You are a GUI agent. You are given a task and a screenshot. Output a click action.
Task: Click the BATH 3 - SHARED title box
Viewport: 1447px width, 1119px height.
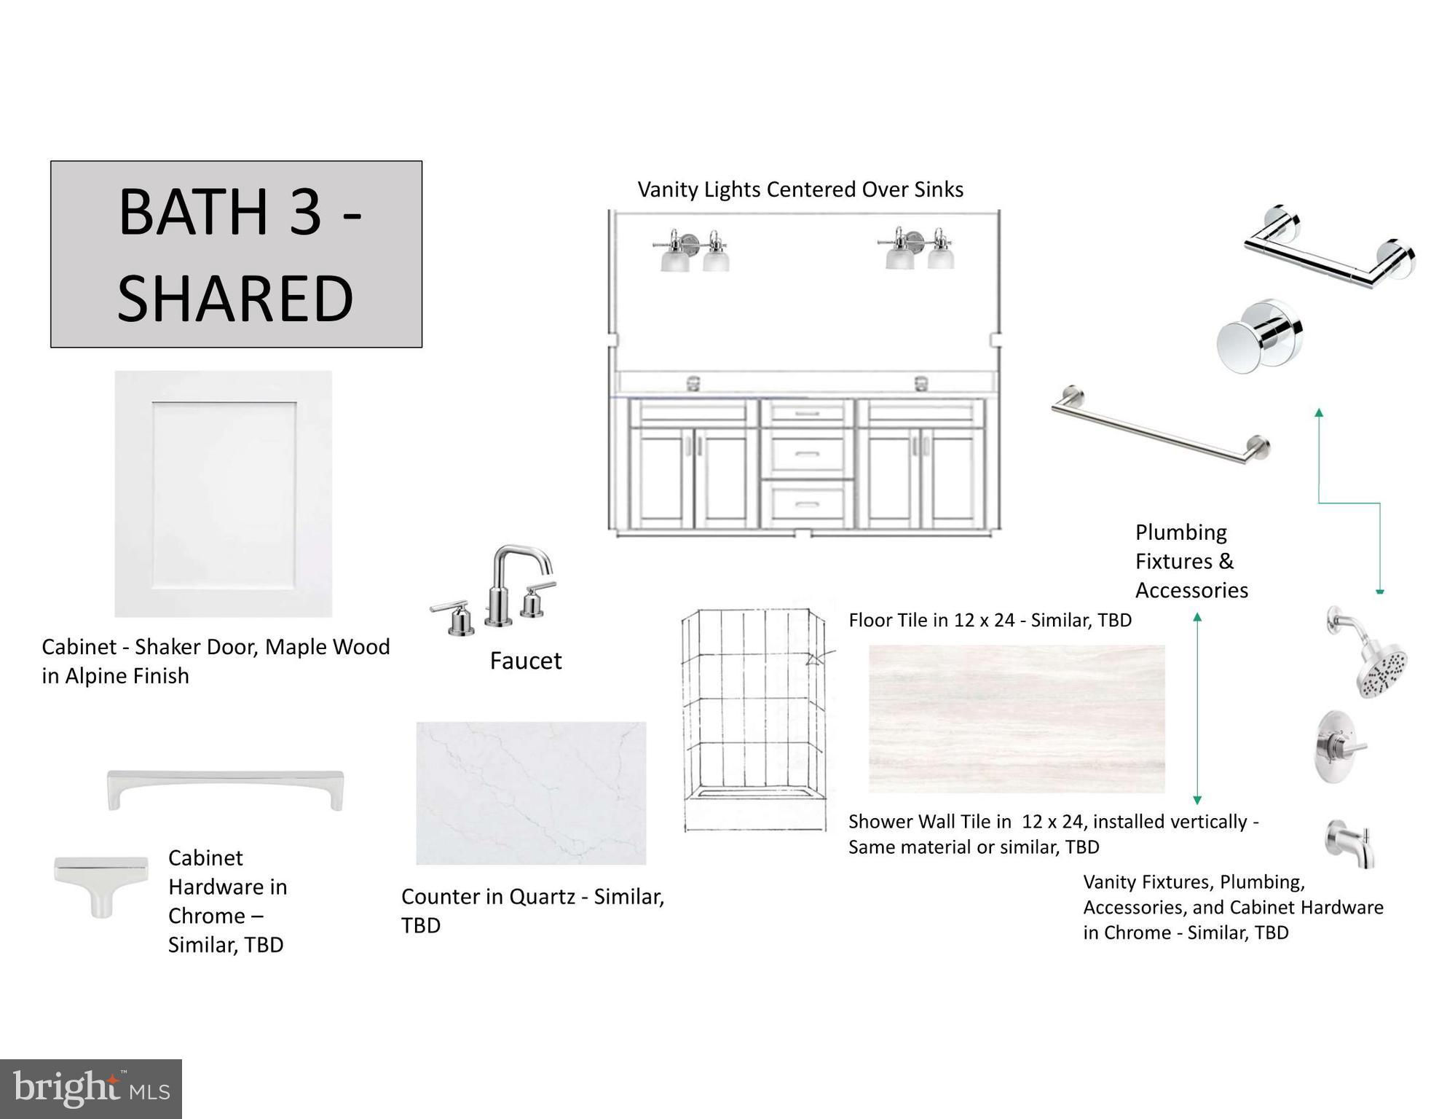tap(236, 254)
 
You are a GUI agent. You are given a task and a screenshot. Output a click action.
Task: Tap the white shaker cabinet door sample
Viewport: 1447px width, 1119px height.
tap(224, 494)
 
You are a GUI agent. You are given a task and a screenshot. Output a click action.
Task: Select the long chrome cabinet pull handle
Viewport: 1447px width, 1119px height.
tap(225, 788)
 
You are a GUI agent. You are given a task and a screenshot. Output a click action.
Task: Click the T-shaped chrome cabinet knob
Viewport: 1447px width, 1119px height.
tap(101, 884)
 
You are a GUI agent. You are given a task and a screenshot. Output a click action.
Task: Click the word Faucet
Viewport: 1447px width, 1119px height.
tap(526, 661)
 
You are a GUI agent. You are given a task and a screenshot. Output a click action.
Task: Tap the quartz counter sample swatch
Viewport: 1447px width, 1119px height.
tap(531, 793)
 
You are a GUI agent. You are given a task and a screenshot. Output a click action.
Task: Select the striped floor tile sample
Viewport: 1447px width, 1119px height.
tap(1017, 719)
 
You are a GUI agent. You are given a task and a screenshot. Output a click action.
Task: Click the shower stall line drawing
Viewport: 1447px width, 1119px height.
tap(756, 720)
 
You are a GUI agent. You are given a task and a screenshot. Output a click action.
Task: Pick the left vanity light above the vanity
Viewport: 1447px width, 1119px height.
tap(692, 251)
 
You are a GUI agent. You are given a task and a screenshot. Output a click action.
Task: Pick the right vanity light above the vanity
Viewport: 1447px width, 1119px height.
tap(917, 248)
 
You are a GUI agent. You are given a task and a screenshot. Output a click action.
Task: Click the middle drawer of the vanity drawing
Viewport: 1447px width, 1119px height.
tap(807, 454)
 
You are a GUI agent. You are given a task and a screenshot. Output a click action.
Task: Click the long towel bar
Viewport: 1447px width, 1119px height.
tap(1161, 424)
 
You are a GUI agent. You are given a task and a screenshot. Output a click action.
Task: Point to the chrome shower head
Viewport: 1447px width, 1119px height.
tap(1369, 651)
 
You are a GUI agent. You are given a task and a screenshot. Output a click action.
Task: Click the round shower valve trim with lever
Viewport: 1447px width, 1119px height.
tap(1341, 747)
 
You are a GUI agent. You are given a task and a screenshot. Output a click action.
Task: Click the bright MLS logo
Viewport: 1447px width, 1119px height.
tap(91, 1089)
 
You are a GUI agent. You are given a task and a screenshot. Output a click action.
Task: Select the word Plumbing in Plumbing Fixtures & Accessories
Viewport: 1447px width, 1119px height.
tap(1181, 533)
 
